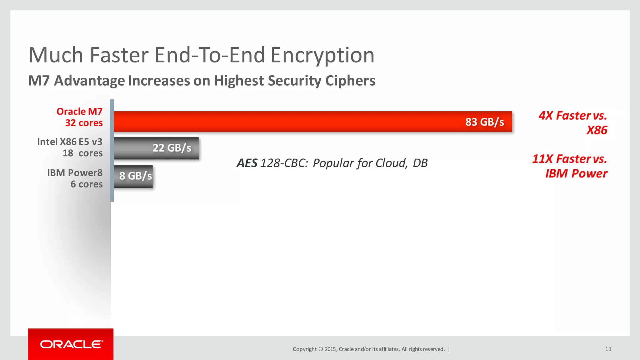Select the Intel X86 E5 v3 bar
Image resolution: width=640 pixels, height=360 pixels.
click(x=131, y=148)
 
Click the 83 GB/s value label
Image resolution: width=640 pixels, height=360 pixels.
click(x=484, y=122)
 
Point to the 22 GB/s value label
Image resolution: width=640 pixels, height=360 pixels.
click(x=172, y=148)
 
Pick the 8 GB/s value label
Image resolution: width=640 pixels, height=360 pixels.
click(x=136, y=176)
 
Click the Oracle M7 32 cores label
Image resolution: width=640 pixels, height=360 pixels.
click(x=80, y=117)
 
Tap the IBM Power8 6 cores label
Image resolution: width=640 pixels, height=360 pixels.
click(x=75, y=178)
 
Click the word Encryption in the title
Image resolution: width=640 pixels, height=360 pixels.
click(x=322, y=55)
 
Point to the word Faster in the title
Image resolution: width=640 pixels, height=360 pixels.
click(x=119, y=55)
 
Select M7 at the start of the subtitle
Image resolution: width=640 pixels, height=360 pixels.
click(x=39, y=81)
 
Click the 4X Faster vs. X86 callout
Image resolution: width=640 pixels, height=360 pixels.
click(x=573, y=123)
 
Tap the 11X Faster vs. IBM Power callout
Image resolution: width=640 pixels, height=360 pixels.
click(x=570, y=166)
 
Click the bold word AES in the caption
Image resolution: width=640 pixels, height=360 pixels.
click(x=247, y=163)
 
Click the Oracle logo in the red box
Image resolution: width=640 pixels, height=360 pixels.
click(x=71, y=344)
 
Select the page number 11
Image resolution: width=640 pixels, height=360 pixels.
click(x=608, y=349)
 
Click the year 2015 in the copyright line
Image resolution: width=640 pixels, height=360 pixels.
click(x=330, y=349)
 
